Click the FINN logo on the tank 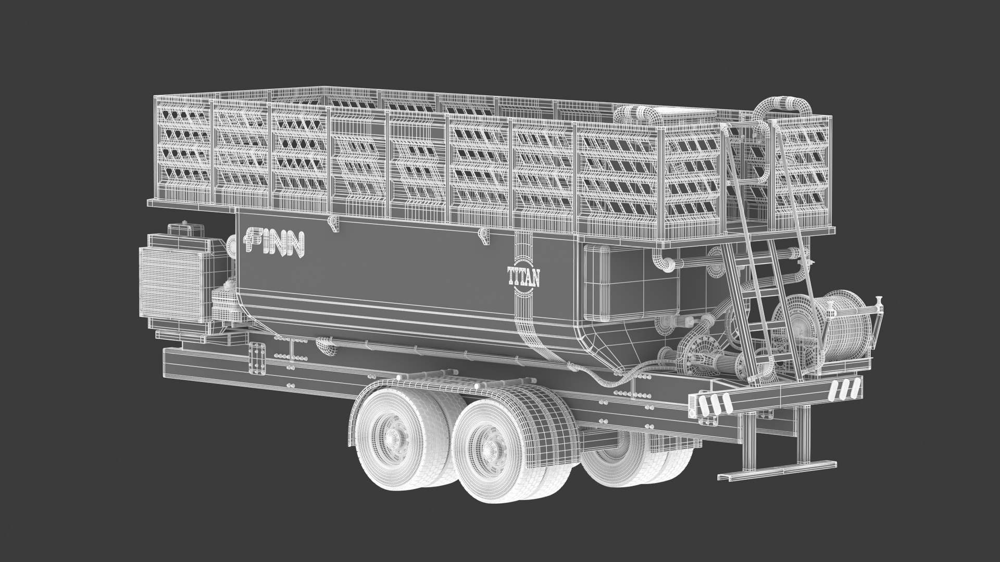274,242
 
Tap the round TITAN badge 523,277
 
